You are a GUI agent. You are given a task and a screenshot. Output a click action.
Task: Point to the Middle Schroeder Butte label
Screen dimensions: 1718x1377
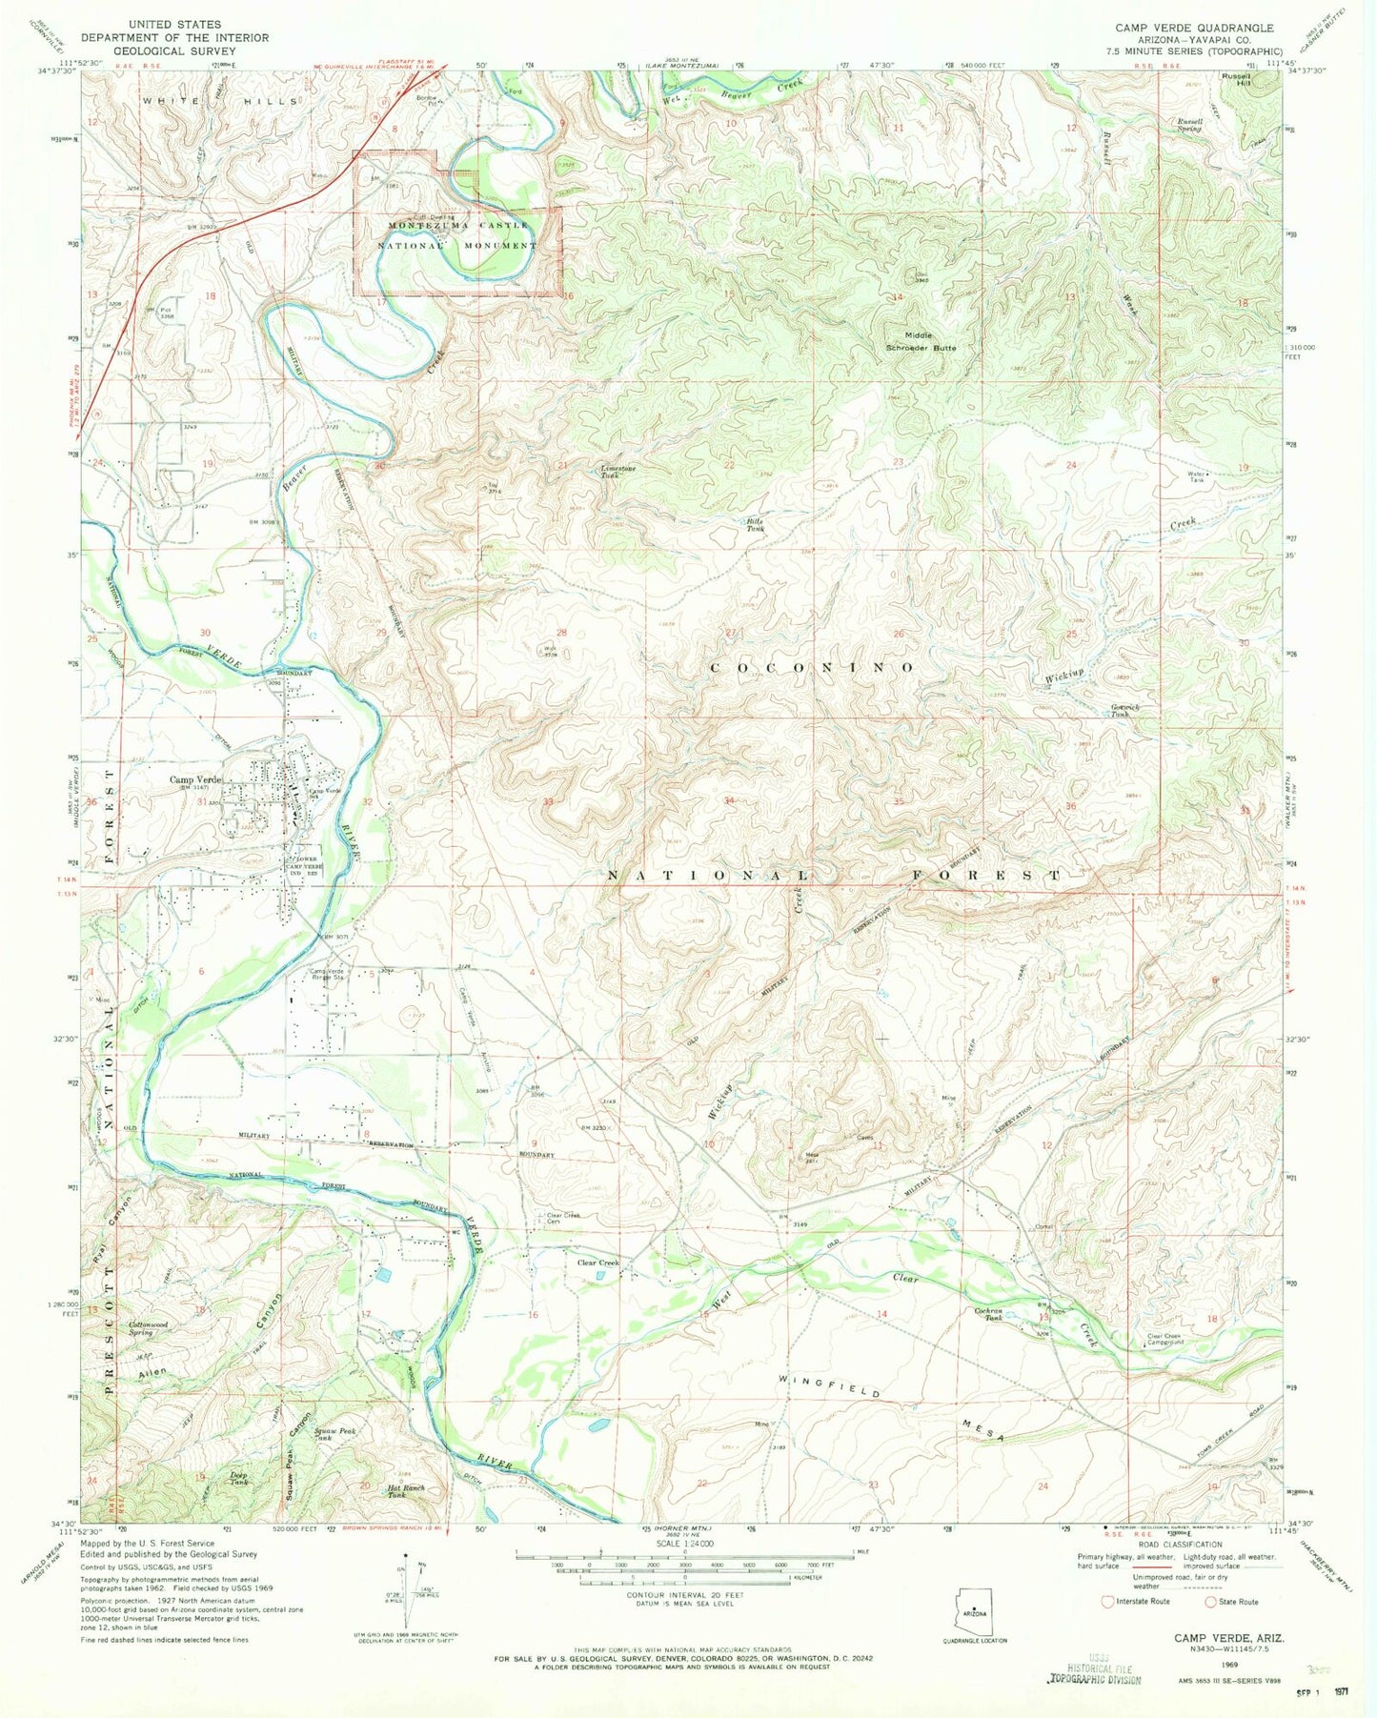click(916, 341)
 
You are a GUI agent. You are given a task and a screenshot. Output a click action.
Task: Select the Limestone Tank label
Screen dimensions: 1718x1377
click(617, 471)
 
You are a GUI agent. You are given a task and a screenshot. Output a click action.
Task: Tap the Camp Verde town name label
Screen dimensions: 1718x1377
click(195, 779)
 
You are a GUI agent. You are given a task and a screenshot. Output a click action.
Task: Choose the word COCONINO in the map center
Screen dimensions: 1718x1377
click(813, 668)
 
